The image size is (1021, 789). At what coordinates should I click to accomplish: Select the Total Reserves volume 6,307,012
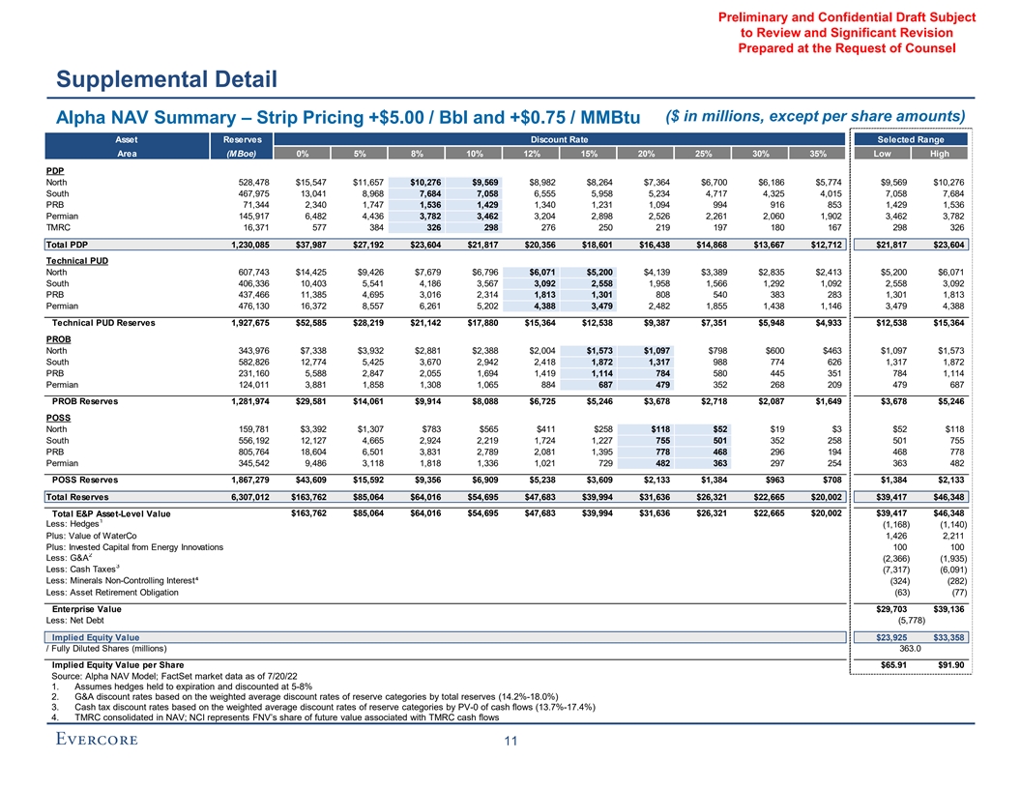(232, 496)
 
